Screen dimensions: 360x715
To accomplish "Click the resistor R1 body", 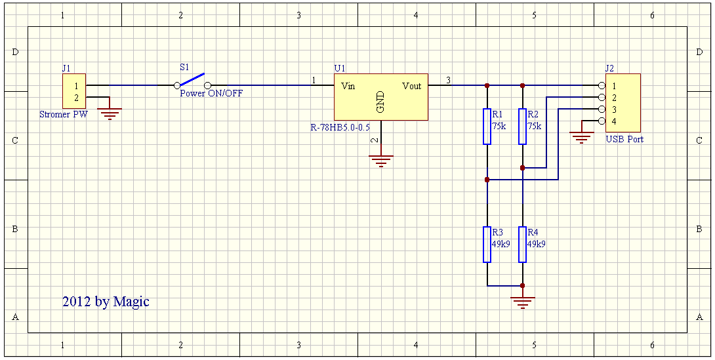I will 487,126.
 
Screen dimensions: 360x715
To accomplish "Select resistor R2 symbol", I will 522,126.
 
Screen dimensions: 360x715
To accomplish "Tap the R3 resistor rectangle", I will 487,244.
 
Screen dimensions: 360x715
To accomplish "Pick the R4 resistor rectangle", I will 522,244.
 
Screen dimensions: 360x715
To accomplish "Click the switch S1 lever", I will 192,80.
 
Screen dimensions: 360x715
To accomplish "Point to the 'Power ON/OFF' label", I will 211,94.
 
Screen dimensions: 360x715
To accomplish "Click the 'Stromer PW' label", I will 64,115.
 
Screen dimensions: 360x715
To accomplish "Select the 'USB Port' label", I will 624,139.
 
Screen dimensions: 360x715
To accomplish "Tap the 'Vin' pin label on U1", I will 348,86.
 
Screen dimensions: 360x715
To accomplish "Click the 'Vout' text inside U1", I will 412,86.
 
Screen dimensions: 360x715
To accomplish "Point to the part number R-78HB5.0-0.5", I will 340,127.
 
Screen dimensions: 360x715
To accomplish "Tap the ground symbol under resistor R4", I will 522,302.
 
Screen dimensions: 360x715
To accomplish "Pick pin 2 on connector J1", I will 76,98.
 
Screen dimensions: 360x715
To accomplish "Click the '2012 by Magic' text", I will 106,302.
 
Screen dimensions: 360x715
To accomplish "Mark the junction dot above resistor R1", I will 487,85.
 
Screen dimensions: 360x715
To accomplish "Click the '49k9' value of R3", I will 501,243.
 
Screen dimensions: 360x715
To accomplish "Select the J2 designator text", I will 609,68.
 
